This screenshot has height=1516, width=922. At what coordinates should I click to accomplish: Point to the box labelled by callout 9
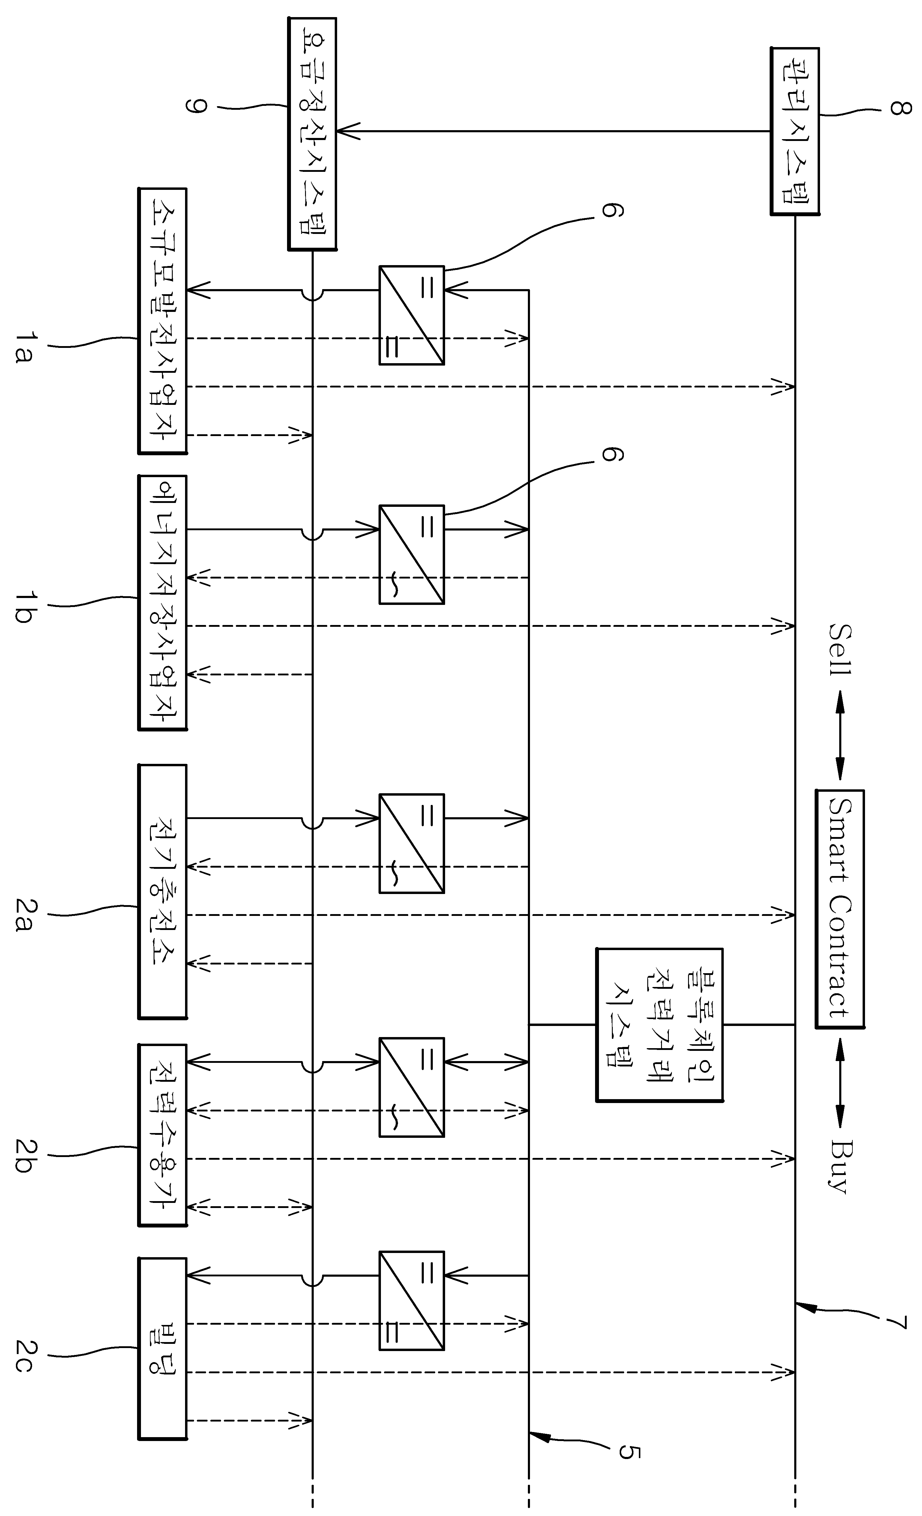tap(312, 133)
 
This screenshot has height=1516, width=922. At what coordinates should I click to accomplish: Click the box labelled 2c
tap(162, 1357)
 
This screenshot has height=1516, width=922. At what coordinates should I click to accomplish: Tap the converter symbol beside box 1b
tap(411, 554)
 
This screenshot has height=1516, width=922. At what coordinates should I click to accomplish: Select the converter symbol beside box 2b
tap(411, 1087)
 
